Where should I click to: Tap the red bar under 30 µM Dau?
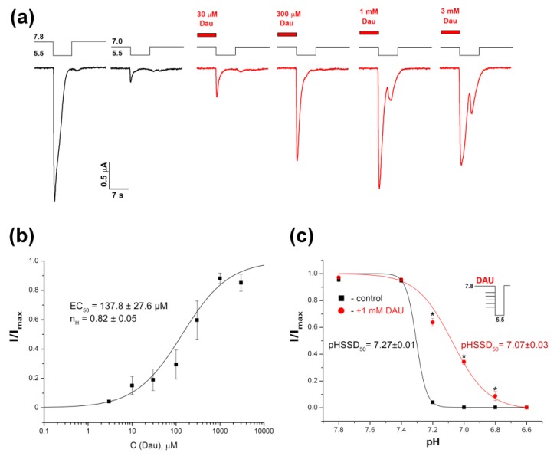[x=207, y=34]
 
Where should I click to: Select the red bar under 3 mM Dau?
[x=451, y=32]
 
